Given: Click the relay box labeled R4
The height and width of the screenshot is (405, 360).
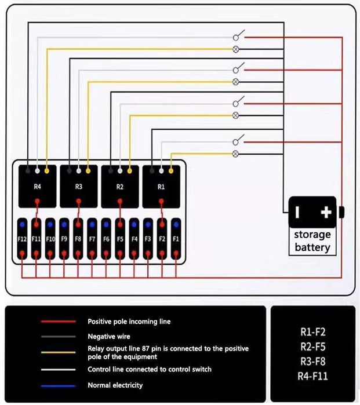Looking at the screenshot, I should pos(37,186).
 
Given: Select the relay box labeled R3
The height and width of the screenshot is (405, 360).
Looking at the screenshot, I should pos(79,186).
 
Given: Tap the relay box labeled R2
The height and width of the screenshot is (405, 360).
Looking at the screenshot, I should pos(120,186).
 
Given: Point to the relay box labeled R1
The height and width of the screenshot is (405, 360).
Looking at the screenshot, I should pos(161,186).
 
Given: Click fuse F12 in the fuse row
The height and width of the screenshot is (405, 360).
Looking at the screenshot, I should pos(22,239).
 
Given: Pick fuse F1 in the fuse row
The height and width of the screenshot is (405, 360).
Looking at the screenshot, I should pos(176,239).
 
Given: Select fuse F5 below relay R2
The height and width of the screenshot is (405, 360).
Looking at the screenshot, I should pos(120,239).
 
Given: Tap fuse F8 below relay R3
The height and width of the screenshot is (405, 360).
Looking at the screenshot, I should pos(78,239).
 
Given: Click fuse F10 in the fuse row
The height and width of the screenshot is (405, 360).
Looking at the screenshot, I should pos(50,239).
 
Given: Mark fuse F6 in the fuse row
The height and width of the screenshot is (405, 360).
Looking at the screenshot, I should pos(106,239).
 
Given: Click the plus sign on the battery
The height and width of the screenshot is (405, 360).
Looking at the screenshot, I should pos(326,212).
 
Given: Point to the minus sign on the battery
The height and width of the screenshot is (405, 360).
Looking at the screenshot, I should pos(297,212).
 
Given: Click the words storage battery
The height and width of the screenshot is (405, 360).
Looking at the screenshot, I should pos(312,241).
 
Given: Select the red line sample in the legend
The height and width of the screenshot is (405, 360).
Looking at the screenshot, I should pos(58,321).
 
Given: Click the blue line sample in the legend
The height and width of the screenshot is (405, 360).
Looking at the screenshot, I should pos(58,385).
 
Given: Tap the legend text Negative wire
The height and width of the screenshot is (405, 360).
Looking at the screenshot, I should pos(110,336).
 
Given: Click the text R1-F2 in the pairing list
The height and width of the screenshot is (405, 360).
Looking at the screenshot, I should pos(314,332).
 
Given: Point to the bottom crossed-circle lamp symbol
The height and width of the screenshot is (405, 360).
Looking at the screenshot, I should pos(235,154).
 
